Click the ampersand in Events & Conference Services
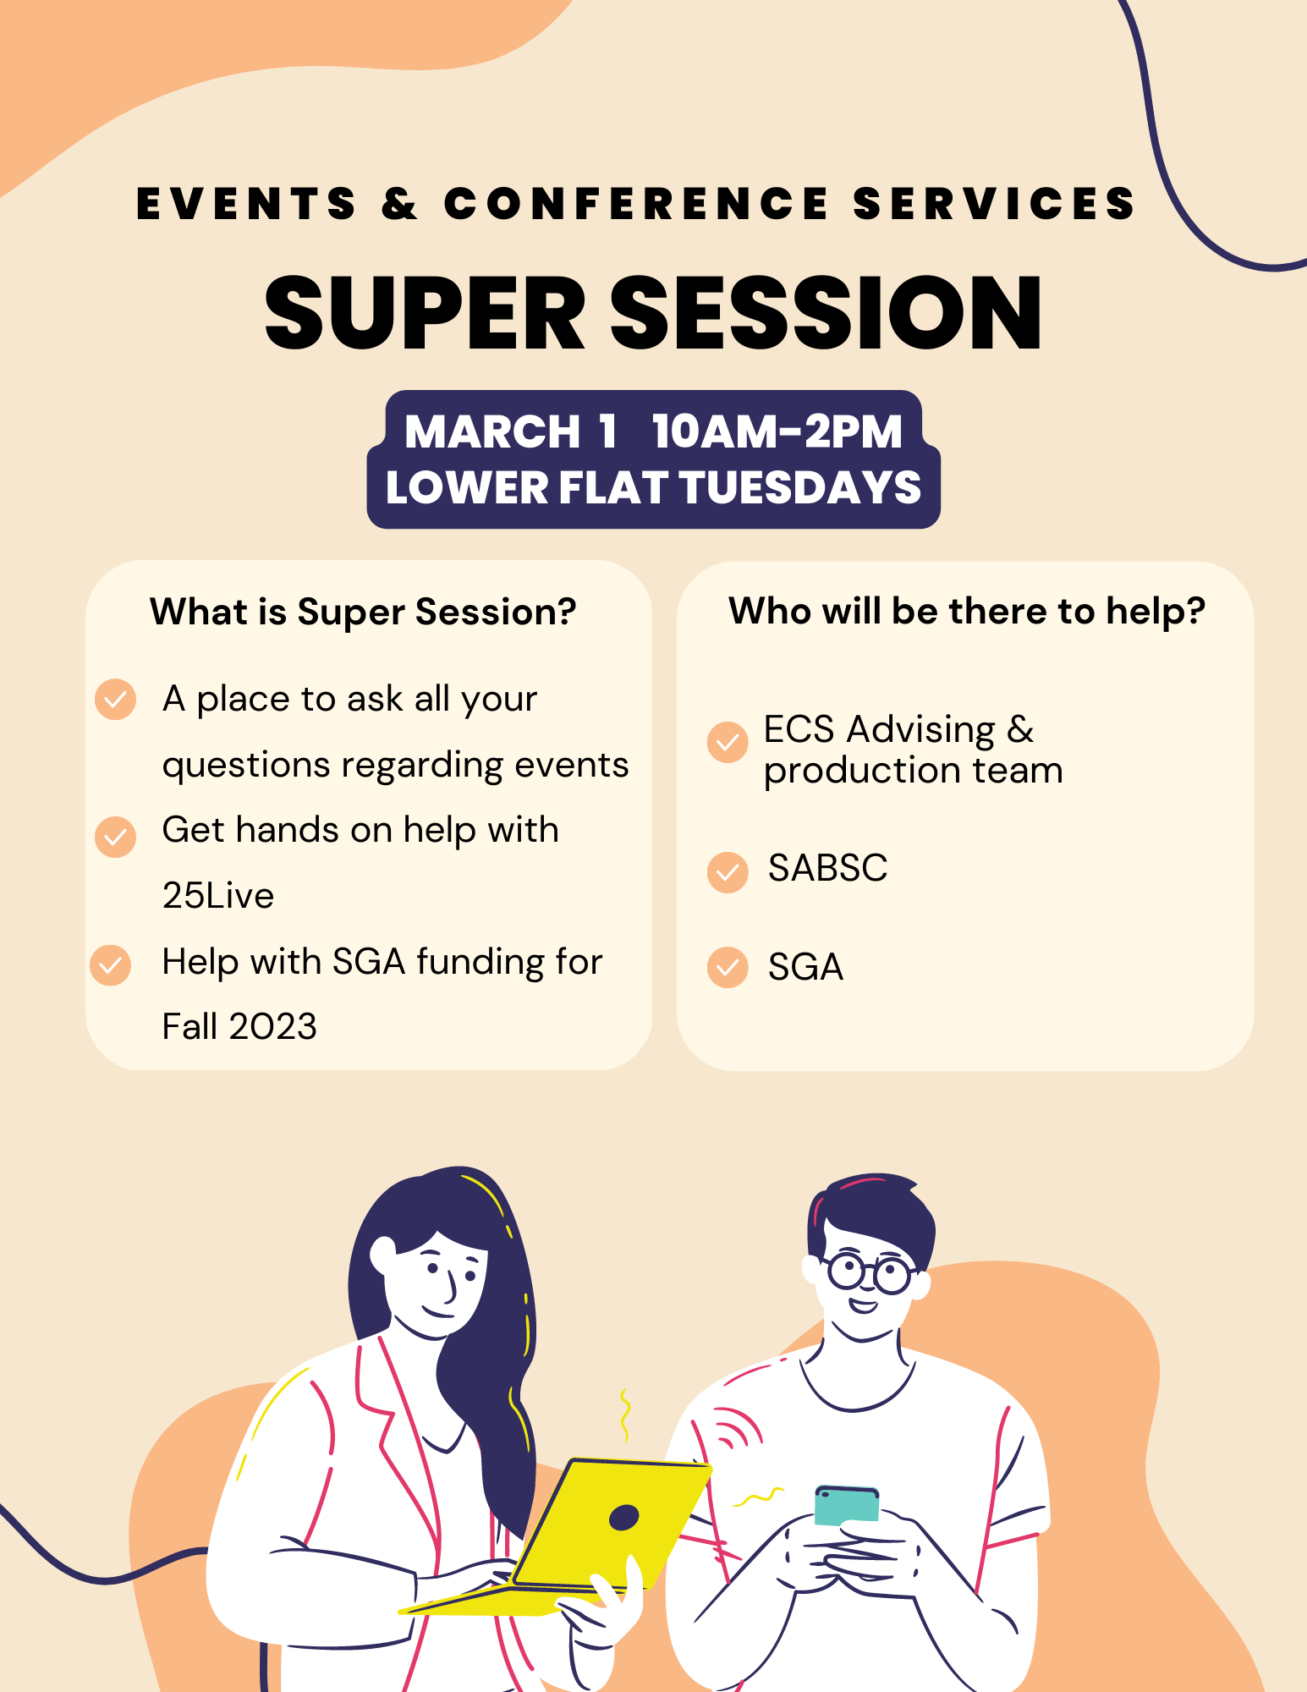click(x=399, y=204)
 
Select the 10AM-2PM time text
click(x=777, y=431)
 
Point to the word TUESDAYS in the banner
click(x=800, y=487)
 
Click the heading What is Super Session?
click(x=363, y=612)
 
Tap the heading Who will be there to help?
click(x=967, y=611)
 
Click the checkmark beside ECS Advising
click(x=728, y=742)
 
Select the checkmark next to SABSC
click(x=728, y=872)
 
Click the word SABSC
click(x=828, y=868)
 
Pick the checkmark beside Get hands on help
click(x=116, y=837)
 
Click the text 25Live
click(x=218, y=896)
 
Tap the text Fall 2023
click(x=239, y=1027)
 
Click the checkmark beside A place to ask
click(x=116, y=700)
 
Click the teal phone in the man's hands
click(x=846, y=1504)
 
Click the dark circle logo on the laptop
click(x=624, y=1518)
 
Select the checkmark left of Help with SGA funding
click(x=111, y=965)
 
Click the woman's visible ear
click(x=382, y=1254)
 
